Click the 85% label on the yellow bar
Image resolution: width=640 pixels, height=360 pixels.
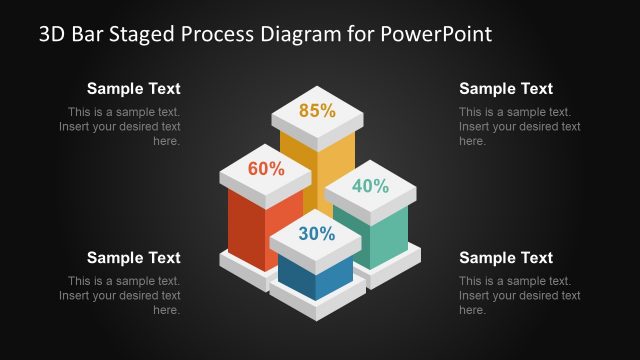coord(316,111)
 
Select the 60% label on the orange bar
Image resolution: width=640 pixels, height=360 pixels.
coord(266,169)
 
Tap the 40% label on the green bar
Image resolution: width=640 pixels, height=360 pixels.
coord(369,185)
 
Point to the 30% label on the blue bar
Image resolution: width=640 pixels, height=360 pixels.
coord(316,234)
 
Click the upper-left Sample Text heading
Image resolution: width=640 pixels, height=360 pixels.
coord(134,89)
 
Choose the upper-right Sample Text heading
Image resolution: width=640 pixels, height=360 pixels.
coord(506,89)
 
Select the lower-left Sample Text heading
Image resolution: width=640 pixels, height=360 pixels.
coord(134,258)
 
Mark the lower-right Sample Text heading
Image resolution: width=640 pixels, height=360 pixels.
coord(506,258)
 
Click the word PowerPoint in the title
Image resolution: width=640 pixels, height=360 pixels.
coord(437,35)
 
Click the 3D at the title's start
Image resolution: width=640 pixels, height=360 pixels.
coord(52,35)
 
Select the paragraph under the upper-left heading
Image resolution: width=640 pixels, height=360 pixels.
coord(122,127)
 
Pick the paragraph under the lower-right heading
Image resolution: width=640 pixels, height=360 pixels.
coord(518,296)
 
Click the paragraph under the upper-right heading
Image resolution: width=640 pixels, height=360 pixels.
coord(518,127)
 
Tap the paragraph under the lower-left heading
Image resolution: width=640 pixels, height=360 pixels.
coord(122,296)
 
